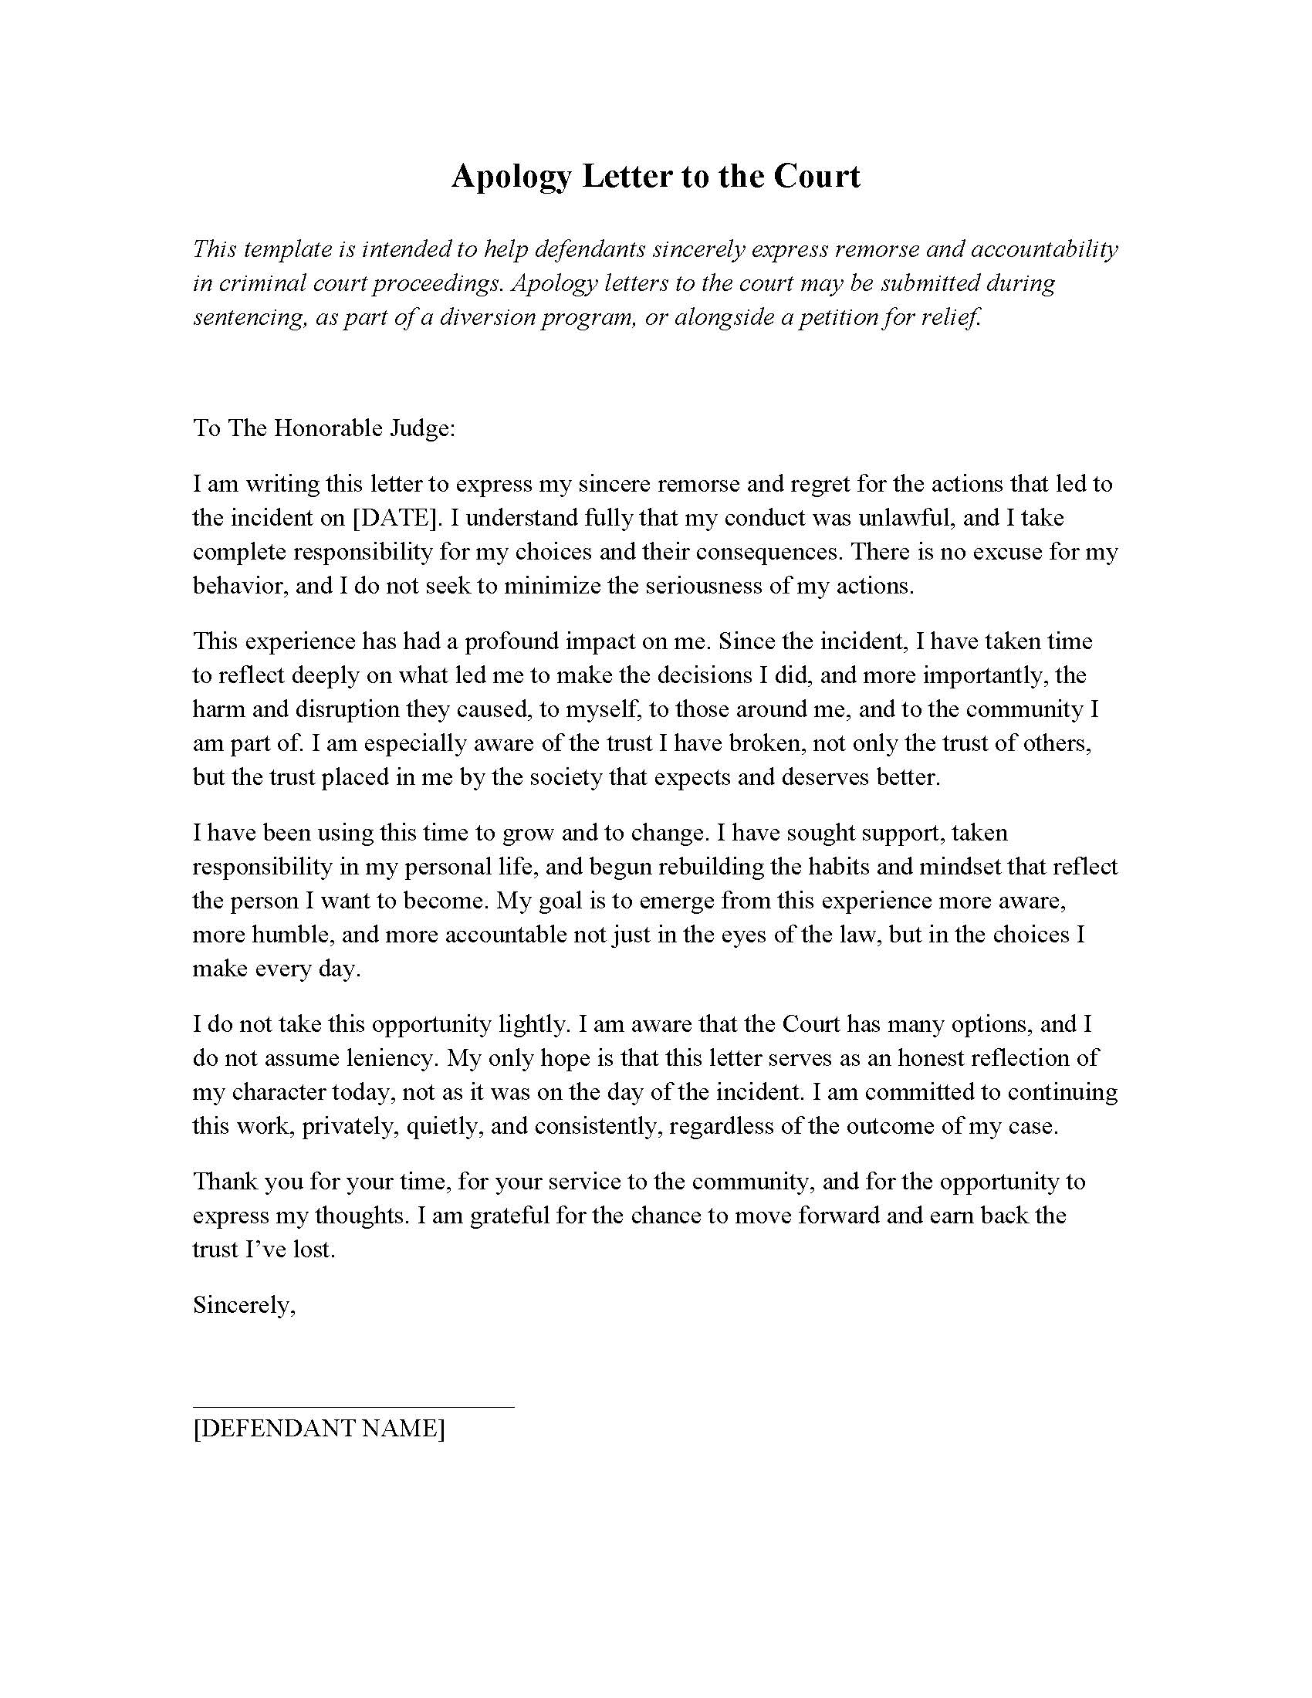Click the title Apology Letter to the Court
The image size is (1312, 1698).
pos(655,177)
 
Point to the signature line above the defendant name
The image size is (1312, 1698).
pos(353,1405)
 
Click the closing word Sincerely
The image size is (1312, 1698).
pos(242,1304)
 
